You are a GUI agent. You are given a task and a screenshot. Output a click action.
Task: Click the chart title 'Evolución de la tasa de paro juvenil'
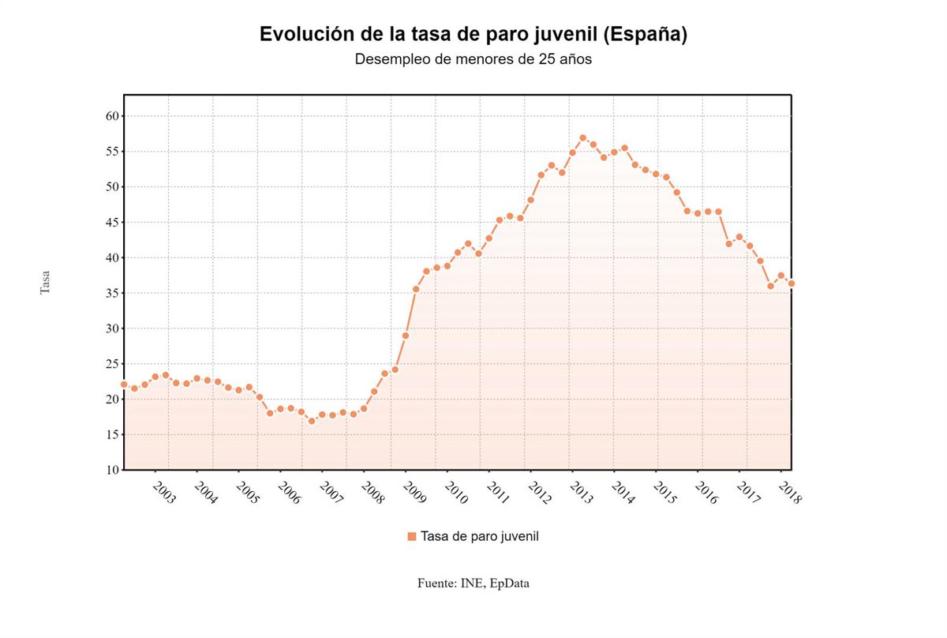(473, 35)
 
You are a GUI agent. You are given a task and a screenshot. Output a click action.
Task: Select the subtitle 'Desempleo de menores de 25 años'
(473, 59)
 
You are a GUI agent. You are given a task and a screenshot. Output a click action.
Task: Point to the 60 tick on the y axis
(111, 116)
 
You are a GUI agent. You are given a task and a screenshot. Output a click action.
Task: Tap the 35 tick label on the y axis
(111, 293)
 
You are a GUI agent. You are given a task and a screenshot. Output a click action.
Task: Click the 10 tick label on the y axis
(111, 470)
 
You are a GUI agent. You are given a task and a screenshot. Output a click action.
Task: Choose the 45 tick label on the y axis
(111, 223)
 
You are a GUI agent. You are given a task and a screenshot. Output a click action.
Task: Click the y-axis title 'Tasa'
(45, 282)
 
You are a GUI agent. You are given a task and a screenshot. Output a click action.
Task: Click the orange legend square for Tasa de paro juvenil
(411, 537)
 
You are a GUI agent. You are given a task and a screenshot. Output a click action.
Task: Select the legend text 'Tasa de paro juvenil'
(480, 537)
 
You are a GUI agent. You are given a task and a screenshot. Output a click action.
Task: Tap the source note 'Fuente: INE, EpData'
(473, 584)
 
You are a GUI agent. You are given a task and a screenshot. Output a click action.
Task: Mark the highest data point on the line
(582, 138)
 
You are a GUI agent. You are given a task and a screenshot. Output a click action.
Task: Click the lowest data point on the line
(312, 421)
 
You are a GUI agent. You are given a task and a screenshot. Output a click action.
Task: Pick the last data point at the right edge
(791, 283)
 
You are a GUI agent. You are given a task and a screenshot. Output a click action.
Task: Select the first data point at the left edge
(124, 385)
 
